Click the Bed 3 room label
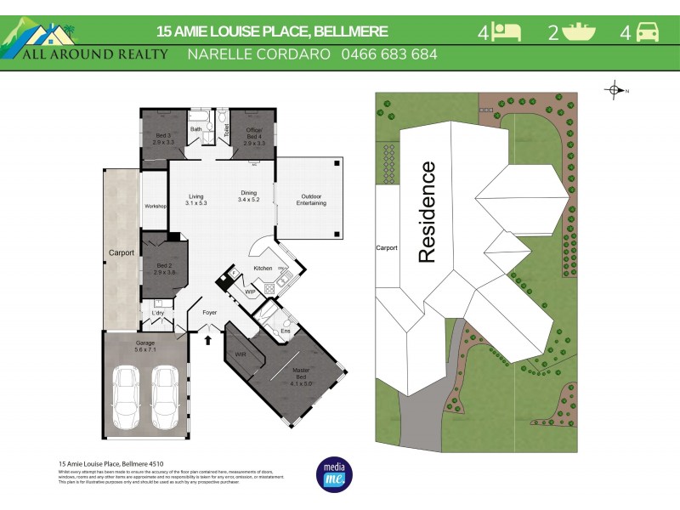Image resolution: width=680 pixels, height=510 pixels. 162,139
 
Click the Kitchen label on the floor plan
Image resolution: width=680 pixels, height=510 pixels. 263,269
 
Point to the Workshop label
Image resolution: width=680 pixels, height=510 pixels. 155,207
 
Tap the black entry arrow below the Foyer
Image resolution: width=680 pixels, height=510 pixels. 209,340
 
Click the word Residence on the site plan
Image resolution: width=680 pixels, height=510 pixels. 427,212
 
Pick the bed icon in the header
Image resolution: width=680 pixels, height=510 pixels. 507,33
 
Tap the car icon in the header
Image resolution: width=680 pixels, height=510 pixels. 648,33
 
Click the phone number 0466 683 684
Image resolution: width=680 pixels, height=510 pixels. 388,54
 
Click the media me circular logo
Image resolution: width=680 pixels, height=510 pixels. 334,475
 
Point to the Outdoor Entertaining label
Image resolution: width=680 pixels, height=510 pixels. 310,200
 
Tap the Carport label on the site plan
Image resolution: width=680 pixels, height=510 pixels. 387,249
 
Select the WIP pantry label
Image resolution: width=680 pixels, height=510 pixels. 250,292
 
